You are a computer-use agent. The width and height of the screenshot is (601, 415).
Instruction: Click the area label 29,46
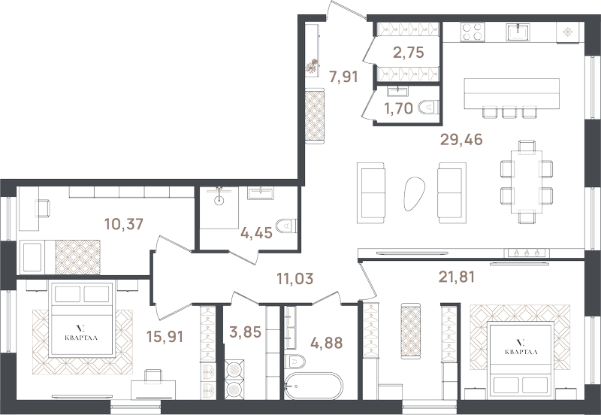[x=461, y=140]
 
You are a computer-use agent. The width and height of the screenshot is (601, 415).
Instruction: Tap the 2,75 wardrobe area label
[x=409, y=52]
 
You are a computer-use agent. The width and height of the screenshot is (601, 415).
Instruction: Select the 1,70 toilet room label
[x=399, y=108]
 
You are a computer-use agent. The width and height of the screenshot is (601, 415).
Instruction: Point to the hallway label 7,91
[x=343, y=77]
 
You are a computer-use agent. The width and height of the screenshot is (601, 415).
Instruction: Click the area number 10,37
[x=124, y=223]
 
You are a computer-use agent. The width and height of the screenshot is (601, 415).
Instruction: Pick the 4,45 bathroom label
[x=256, y=232]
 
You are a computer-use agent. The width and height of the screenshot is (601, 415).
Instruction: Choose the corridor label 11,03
[x=294, y=278]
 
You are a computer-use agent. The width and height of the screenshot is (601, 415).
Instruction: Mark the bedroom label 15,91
[x=165, y=336]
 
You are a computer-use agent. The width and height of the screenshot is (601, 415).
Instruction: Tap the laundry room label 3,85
[x=246, y=332]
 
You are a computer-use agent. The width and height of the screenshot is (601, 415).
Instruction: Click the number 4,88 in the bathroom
[x=327, y=343]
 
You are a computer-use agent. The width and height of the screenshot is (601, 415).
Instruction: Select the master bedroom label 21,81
[x=457, y=276]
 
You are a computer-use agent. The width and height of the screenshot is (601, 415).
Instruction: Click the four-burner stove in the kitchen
[x=473, y=32]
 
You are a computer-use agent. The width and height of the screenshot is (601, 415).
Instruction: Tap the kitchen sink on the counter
[x=518, y=32]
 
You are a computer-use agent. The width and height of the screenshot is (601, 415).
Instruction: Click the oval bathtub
[x=313, y=386]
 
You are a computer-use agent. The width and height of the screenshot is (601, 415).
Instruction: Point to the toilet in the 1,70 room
[x=428, y=108]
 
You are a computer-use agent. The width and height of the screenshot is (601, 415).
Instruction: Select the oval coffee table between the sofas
[x=415, y=193]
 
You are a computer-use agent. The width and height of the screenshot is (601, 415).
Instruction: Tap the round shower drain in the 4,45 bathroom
[x=219, y=199]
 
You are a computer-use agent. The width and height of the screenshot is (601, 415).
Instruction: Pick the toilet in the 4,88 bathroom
[x=294, y=362]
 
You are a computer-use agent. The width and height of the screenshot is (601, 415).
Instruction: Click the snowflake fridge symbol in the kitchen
[x=567, y=32]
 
